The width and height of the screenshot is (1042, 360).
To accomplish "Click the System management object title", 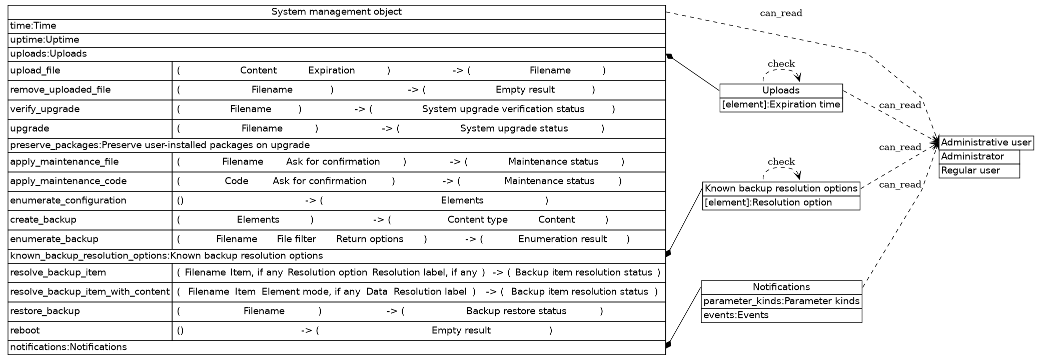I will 336,12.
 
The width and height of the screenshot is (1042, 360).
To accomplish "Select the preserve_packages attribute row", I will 160,145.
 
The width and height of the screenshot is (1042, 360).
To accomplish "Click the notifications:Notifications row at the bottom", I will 69,347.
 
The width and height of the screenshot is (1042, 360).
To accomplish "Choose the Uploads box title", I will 781,90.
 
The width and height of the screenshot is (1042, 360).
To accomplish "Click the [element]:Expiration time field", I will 781,104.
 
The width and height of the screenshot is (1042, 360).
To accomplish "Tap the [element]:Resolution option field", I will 768,202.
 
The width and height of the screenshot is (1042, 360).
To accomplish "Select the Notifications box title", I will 781,287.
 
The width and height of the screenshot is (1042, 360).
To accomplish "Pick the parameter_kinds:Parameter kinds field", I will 781,301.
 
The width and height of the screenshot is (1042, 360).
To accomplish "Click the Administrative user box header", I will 986,142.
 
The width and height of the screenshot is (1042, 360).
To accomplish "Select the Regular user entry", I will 970,170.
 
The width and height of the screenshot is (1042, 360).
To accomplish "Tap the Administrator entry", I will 972,156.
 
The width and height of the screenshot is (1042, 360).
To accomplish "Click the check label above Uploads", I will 781,64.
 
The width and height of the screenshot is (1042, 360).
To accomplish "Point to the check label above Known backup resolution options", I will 781,162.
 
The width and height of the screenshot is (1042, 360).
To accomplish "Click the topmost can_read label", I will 781,13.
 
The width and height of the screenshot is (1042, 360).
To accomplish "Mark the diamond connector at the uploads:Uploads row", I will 669,56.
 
